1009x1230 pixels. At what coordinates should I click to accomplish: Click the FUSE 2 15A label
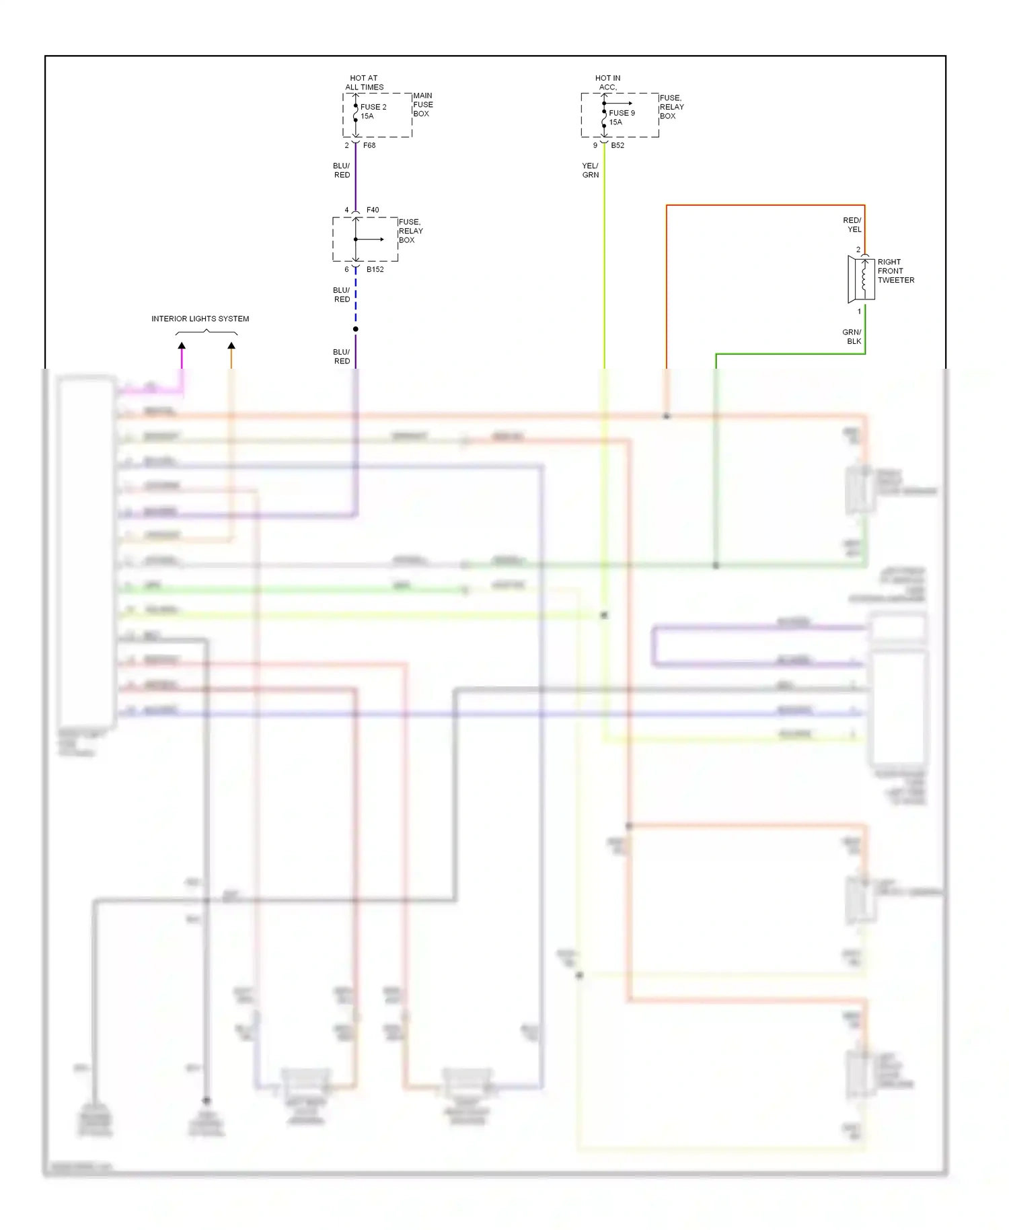click(373, 111)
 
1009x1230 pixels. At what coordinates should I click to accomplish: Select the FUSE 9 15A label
click(621, 117)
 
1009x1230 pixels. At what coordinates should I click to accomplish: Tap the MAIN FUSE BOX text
click(422, 104)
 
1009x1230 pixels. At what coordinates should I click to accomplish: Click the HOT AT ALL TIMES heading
click(364, 82)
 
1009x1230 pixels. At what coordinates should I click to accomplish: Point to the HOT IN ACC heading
click(607, 82)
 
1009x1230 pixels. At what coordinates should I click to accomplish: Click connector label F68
click(369, 145)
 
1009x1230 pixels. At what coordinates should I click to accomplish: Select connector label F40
click(373, 210)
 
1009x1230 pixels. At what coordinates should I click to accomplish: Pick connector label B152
click(375, 269)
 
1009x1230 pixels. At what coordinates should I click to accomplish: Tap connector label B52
click(618, 145)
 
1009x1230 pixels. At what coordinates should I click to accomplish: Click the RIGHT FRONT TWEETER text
click(895, 270)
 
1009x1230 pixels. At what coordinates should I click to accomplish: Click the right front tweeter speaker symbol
click(861, 278)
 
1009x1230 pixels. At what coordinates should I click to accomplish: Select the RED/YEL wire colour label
click(852, 225)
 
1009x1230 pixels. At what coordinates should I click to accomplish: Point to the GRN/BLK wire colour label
click(852, 336)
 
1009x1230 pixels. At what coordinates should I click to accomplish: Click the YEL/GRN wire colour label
click(590, 170)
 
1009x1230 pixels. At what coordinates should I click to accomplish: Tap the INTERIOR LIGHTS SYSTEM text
click(200, 319)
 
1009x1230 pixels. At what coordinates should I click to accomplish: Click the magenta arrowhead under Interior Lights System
click(182, 346)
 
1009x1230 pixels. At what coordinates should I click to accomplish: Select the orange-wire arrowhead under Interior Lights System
click(231, 346)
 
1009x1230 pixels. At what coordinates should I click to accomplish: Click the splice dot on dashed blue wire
click(356, 329)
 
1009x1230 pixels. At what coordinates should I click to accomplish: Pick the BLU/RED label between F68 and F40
click(342, 170)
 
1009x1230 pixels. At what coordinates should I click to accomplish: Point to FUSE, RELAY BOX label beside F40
click(410, 231)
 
